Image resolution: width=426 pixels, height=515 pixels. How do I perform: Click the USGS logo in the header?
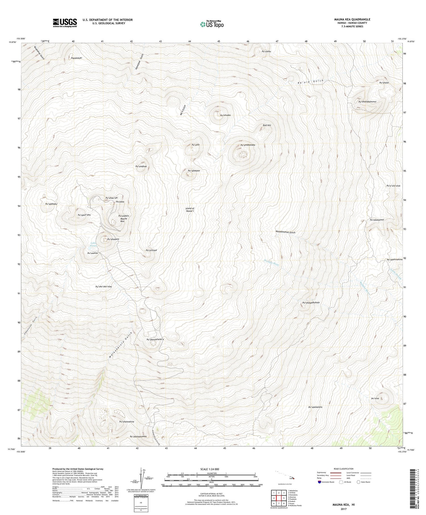click(65, 23)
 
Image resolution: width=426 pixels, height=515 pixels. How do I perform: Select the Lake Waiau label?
click(94, 244)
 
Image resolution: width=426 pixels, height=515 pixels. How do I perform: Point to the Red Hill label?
click(267, 125)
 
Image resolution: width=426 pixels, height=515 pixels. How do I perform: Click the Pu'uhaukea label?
click(113, 239)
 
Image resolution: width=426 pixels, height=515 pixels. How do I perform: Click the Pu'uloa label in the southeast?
click(375, 399)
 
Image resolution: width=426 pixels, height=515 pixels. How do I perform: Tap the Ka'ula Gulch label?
click(310, 82)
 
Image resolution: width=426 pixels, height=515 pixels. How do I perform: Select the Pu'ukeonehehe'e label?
click(155, 339)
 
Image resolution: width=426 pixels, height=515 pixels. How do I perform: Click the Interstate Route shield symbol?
click(319, 482)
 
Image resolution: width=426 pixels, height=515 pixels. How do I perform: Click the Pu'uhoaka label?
click(225, 115)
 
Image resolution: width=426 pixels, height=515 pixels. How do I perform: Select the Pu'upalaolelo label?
click(315, 407)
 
